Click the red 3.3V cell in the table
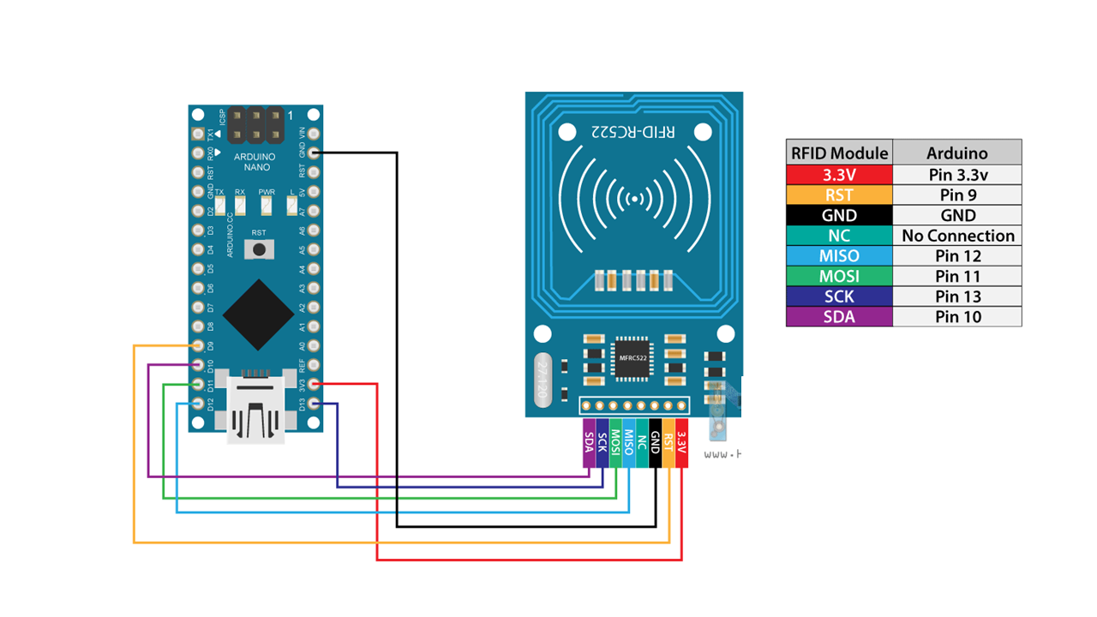pyautogui.click(x=839, y=174)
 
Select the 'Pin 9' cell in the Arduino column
pyautogui.click(x=957, y=195)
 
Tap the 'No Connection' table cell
pyautogui.click(x=957, y=236)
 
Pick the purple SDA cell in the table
pyautogui.click(x=839, y=317)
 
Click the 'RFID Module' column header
pyautogui.click(x=839, y=153)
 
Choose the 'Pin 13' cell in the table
pyautogui.click(x=957, y=297)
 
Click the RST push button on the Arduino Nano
pyautogui.click(x=258, y=249)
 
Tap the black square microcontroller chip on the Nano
pyautogui.click(x=258, y=314)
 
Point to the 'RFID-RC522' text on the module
pyautogui.click(x=633, y=132)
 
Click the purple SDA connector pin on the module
pyautogui.click(x=589, y=443)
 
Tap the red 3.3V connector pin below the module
pyautogui.click(x=682, y=443)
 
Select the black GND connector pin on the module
pyautogui.click(x=656, y=443)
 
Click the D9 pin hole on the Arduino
pyautogui.click(x=199, y=345)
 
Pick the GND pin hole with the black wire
pyautogui.click(x=315, y=153)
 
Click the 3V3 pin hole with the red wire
pyautogui.click(x=315, y=385)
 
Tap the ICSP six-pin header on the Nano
pyautogui.click(x=255, y=125)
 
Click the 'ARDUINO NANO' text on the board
pyautogui.click(x=255, y=162)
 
